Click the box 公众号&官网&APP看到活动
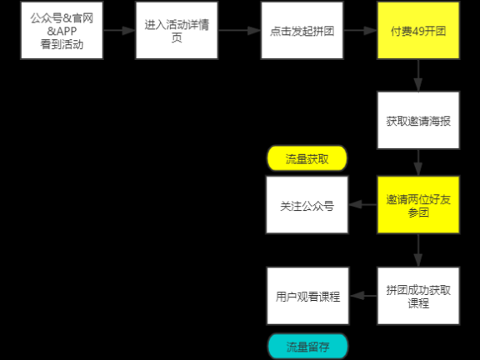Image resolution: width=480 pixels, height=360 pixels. tap(62, 31)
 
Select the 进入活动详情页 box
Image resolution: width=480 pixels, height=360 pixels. tap(176, 31)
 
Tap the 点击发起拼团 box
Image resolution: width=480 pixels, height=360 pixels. tap(301, 31)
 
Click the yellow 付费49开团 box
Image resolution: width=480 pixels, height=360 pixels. tap(417, 31)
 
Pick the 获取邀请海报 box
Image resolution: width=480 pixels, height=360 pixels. tap(417, 121)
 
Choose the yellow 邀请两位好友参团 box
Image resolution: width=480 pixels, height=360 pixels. tap(417, 205)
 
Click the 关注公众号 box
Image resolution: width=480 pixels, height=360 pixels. tap(306, 205)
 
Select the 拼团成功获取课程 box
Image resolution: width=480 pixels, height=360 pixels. tap(417, 296)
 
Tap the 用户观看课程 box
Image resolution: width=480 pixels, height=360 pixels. tap(306, 296)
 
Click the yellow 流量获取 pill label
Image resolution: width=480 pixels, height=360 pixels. tap(306, 158)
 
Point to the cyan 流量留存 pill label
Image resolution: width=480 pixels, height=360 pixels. tap(306, 347)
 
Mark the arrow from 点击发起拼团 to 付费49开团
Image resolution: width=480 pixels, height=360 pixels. tap(360, 31)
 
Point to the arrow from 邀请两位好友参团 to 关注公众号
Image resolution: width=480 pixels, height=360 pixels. tap(362, 205)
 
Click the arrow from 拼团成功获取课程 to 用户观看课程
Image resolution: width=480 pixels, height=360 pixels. tap(362, 296)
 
